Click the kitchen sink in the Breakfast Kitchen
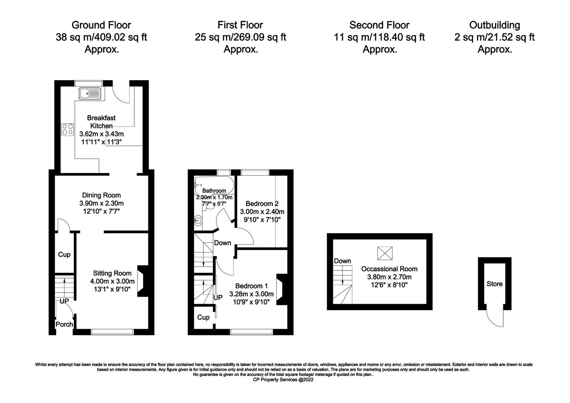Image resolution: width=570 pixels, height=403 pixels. click(90, 93)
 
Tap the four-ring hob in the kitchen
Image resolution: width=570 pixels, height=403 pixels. click(68, 129)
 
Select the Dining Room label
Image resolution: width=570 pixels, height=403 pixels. click(101, 195)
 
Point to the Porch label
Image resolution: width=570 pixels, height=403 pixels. click(64, 324)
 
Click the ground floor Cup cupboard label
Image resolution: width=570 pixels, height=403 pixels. click(64, 254)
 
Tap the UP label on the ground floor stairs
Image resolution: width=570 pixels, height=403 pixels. click(64, 301)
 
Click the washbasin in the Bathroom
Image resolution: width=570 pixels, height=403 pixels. click(198, 221)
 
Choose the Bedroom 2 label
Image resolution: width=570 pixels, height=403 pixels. click(262, 204)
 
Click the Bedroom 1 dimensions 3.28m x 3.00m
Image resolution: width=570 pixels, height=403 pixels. click(251, 294)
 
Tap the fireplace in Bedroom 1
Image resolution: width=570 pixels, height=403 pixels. click(282, 289)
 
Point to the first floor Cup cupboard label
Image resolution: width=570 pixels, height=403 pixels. click(203, 317)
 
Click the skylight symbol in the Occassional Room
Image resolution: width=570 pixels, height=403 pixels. click(385, 253)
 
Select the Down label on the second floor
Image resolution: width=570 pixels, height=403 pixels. click(342, 261)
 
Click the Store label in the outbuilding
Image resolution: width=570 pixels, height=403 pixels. click(494, 284)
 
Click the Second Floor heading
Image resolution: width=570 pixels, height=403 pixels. click(379, 25)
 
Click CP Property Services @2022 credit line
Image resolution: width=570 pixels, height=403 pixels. click(283, 379)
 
